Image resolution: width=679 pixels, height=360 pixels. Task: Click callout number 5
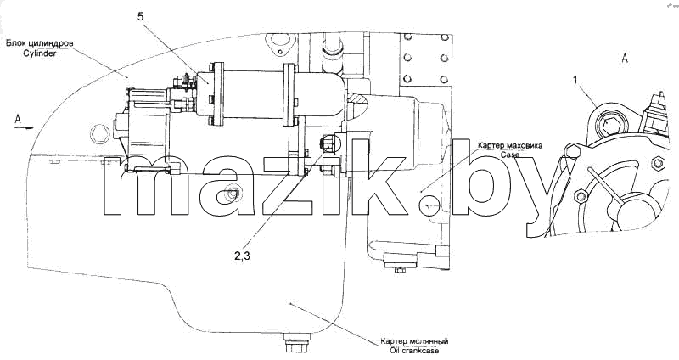click(140, 17)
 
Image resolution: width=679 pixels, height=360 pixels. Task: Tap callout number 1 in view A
click(575, 81)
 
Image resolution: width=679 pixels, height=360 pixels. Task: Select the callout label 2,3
click(243, 256)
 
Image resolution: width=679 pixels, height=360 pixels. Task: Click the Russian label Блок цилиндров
click(40, 44)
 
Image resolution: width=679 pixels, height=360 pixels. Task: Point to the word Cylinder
click(40, 54)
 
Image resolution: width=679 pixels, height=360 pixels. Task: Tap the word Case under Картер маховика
click(510, 154)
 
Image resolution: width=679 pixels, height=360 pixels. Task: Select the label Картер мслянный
click(414, 341)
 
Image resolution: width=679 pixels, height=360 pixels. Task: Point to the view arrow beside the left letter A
click(26, 128)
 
